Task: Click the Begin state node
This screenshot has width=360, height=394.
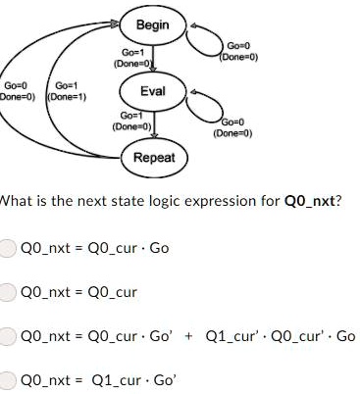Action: [152, 23]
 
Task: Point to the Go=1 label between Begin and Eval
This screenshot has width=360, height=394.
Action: [133, 52]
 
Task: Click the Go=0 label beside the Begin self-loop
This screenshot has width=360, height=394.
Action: [240, 45]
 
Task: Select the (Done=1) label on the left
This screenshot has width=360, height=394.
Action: [66, 96]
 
